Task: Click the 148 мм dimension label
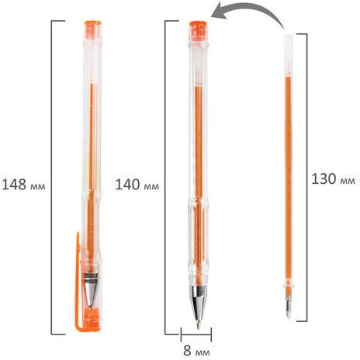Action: pos(23,185)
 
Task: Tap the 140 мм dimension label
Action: pos(137,185)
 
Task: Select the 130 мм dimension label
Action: pos(333,178)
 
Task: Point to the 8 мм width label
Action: pos(196,351)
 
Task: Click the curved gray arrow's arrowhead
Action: pos(220,11)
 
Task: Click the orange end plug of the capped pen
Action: pos(93,29)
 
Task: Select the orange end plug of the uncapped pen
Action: pos(198,31)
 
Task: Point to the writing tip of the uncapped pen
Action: pos(199,327)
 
